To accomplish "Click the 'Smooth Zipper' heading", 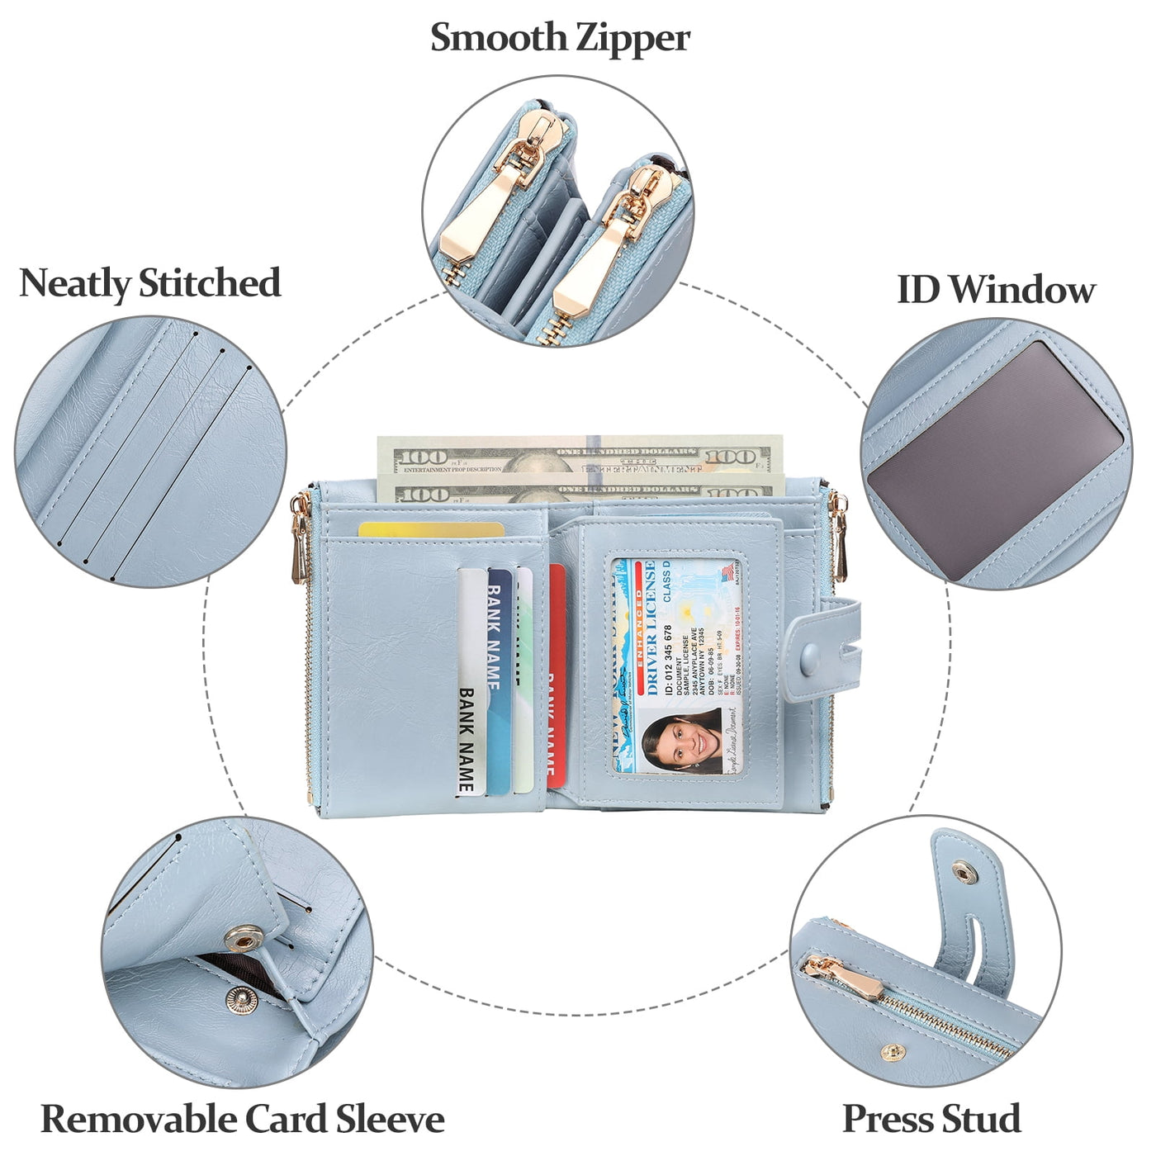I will coord(560,38).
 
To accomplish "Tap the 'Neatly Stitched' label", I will coord(149,283).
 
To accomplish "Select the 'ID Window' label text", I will coord(996,290).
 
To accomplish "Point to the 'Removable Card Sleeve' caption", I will coord(243,1120).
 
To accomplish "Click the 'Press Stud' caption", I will coord(931,1120).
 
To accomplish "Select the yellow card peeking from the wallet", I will coord(429,530).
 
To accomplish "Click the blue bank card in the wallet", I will coord(499,677).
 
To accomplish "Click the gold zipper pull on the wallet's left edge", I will coord(299,545).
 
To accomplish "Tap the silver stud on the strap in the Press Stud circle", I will coord(963,870).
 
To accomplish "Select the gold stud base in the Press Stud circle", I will coord(892,1052).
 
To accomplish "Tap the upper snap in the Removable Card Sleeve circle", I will coord(244,937).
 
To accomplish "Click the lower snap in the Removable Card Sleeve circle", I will coord(242,1000).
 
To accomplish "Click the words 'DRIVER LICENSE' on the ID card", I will coord(651,628).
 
